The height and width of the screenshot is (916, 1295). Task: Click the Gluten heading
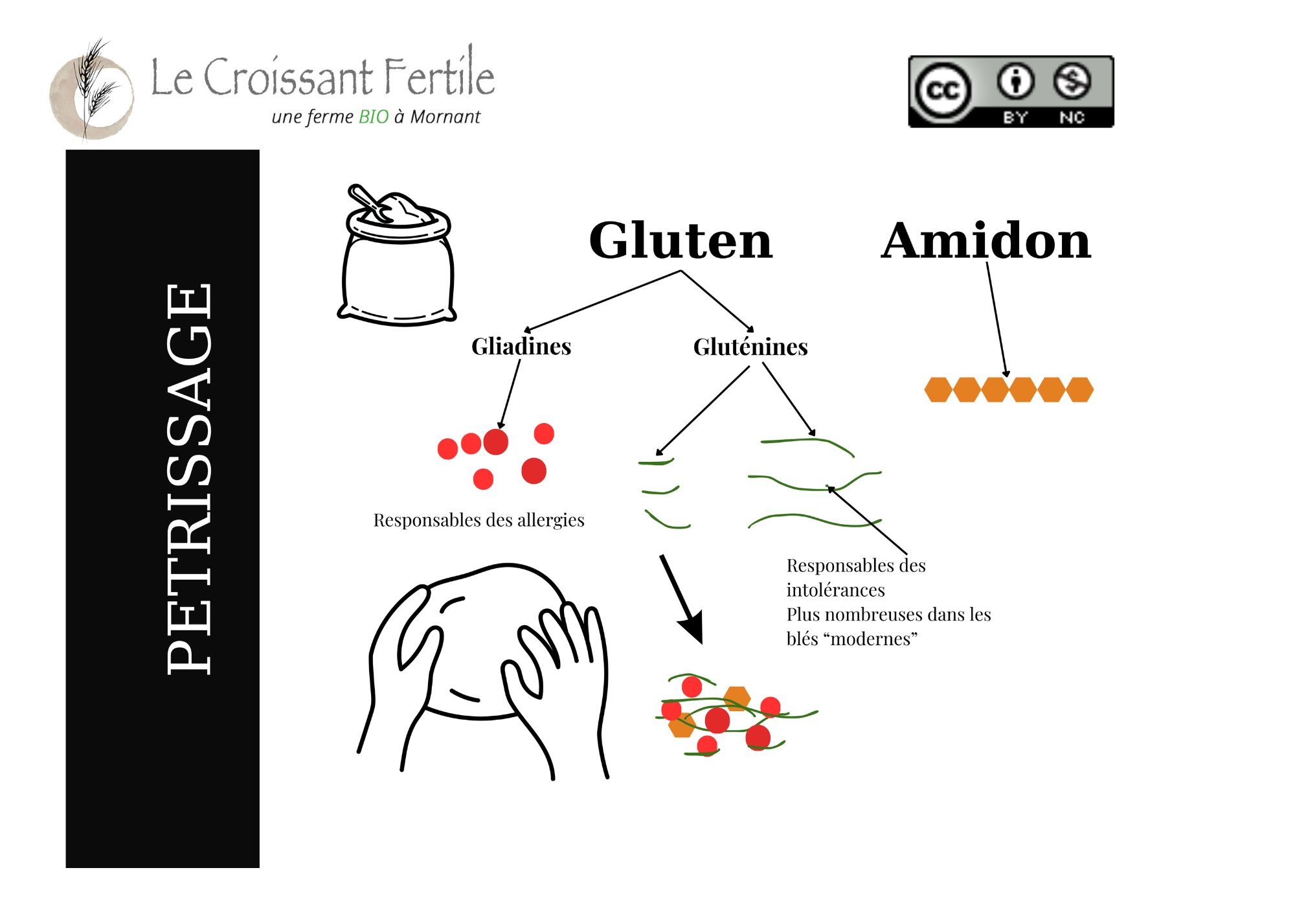coord(681,240)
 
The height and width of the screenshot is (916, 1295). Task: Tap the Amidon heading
coord(986,240)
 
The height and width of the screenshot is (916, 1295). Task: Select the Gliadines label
coord(521,346)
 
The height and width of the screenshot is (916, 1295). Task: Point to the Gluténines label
coord(750,347)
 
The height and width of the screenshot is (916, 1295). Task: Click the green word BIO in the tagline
coord(374,117)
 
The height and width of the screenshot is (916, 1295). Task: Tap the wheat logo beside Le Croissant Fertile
coord(92,91)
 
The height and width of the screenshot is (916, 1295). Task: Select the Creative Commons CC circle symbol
coord(942,90)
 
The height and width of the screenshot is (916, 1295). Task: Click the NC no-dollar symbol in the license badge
coord(1072,82)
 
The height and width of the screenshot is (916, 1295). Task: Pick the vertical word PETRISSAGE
coord(188,479)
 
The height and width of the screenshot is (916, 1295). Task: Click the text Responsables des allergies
coord(479,520)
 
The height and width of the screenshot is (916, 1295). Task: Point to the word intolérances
coord(835,590)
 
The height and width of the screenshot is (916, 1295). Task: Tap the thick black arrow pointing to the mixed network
coord(681,599)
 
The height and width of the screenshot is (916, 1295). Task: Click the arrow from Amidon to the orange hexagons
coord(997,320)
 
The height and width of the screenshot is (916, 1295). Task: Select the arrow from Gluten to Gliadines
coord(602,301)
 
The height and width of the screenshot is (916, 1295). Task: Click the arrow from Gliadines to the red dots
coord(509,394)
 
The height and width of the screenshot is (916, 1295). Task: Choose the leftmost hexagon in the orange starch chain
coord(938,389)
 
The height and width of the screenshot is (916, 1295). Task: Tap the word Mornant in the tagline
coord(445,117)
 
